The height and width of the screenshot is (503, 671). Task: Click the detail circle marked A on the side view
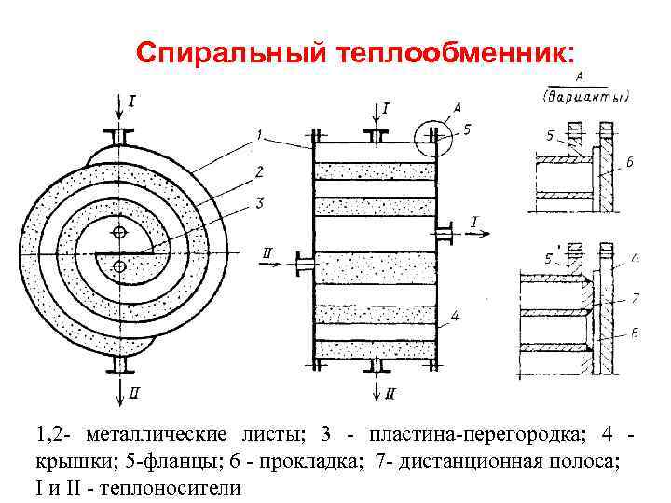pyautogui.click(x=430, y=137)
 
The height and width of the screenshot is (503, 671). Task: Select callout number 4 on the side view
pyautogui.click(x=454, y=317)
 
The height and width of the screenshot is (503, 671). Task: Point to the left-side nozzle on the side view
pyautogui.click(x=302, y=264)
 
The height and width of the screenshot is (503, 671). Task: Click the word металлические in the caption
pyautogui.click(x=156, y=435)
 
